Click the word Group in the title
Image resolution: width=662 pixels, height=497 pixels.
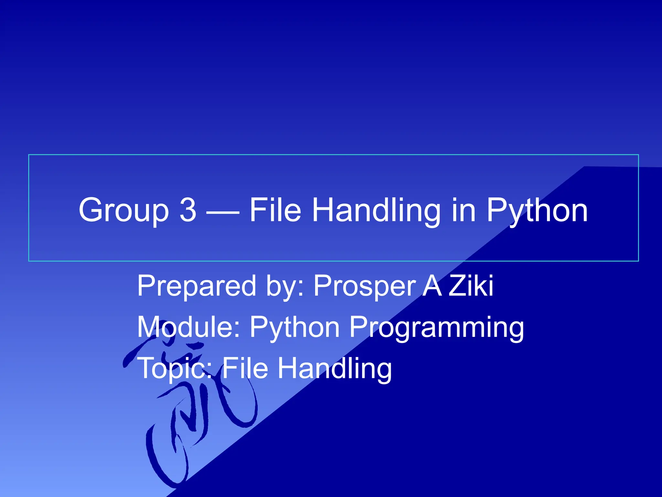pyautogui.click(x=124, y=211)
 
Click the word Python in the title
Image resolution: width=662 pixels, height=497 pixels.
pyautogui.click(x=537, y=211)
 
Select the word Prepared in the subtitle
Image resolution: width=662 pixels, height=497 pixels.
pyautogui.click(x=197, y=286)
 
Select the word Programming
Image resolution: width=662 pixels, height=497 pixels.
pyautogui.click(x=436, y=328)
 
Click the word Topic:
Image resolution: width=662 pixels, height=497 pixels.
pyautogui.click(x=175, y=369)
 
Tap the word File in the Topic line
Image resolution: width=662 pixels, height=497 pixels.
pyautogui.click(x=245, y=368)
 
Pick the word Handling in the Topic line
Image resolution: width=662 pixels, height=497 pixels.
pyautogui.click(x=335, y=369)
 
